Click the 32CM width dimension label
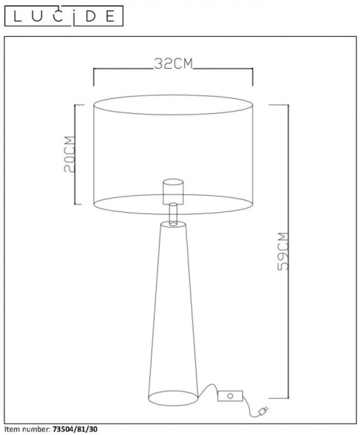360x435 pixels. pos(173,64)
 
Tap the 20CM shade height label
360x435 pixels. pos(69,154)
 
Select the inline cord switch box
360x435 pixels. pos(230,396)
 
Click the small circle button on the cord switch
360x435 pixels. pos(231,396)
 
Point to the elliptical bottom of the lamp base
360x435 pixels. pos(173,399)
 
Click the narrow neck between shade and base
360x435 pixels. pos(173,214)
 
